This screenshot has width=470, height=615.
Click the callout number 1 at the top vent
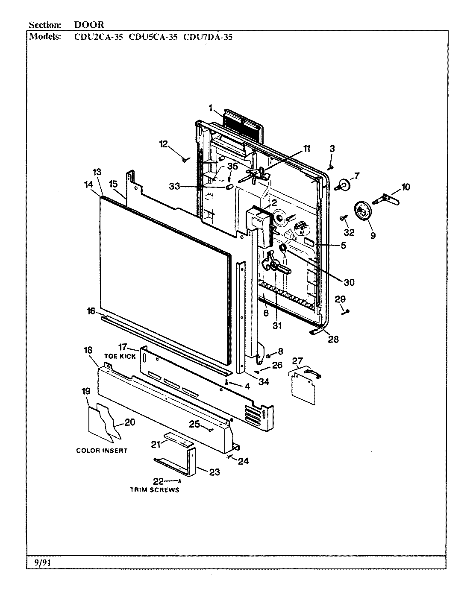click(210, 108)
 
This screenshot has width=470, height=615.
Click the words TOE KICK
click(120, 356)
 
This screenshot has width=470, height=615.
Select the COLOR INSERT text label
click(102, 451)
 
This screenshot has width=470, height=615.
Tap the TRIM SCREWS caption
click(155, 490)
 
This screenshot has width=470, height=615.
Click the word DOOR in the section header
click(86, 25)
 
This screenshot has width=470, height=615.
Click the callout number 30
click(349, 282)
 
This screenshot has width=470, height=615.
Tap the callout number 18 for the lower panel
click(88, 350)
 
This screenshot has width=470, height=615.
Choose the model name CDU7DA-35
click(208, 37)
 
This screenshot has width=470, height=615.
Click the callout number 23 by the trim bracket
click(214, 472)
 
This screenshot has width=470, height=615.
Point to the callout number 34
click(264, 381)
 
